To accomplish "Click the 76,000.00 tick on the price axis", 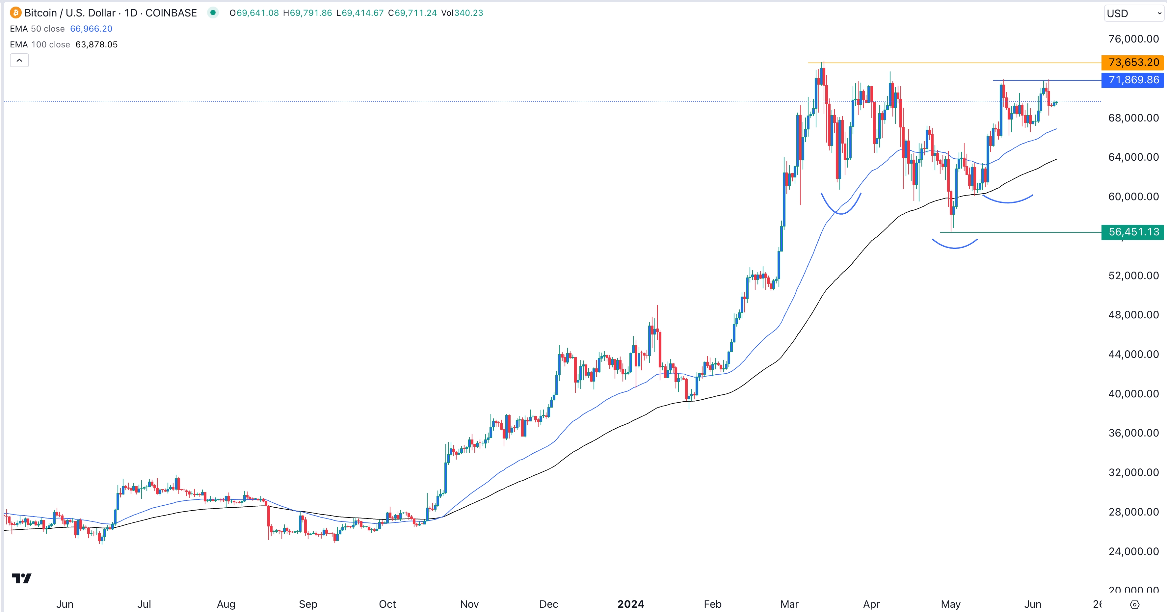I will click(1133, 39).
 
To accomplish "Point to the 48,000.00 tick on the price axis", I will click(1133, 315).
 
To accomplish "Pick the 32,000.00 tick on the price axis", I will click(1133, 472).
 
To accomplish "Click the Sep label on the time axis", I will click(308, 604).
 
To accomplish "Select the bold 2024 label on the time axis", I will click(631, 604).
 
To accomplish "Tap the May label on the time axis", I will click(950, 604).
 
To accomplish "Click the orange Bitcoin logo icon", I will click(15, 13).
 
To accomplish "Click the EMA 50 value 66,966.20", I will click(91, 29).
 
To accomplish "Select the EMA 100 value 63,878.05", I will click(96, 45).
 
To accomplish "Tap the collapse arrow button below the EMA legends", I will click(19, 60).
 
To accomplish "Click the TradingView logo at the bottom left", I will click(21, 578).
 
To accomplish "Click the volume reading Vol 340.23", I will click(462, 13).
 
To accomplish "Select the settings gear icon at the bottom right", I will click(1134, 604).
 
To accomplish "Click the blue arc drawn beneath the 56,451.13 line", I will click(955, 247).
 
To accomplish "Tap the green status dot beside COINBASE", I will click(212, 13).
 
